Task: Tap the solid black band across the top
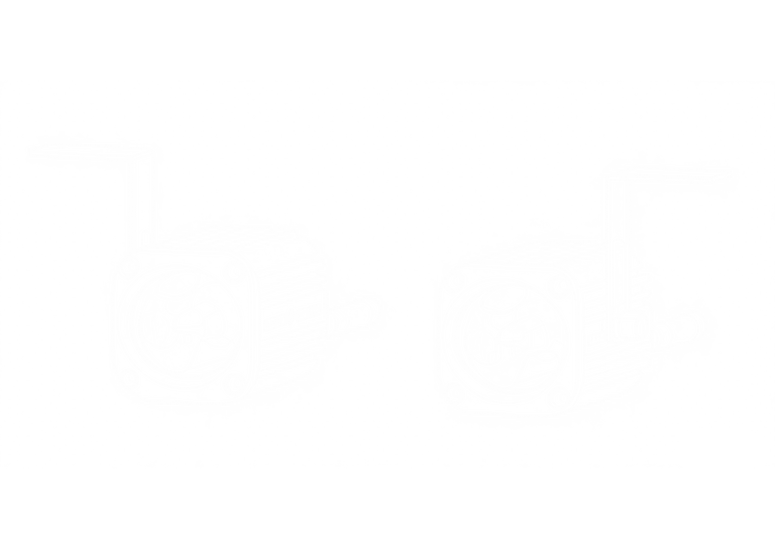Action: point(387,37)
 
